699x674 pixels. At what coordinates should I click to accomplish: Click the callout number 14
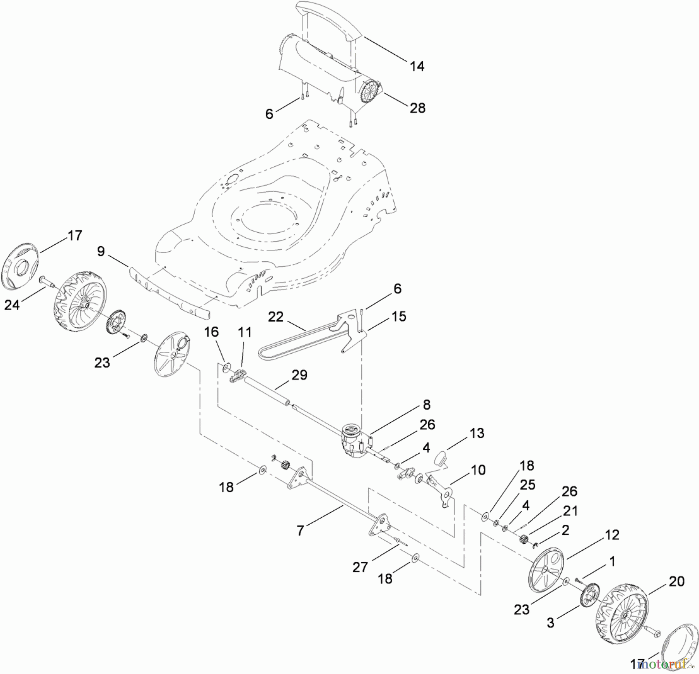tap(417, 66)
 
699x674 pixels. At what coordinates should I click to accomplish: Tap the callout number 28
tap(417, 108)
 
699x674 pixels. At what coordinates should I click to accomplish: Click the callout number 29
tap(299, 375)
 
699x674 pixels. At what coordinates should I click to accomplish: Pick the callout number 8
tap(426, 405)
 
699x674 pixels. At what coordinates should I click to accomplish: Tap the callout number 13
tap(477, 433)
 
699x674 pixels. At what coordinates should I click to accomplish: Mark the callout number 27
tap(360, 567)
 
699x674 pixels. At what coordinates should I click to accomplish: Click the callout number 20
tap(676, 581)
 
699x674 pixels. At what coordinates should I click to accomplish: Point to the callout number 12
tap(612, 535)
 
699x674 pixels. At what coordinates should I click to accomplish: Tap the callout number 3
tap(550, 623)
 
